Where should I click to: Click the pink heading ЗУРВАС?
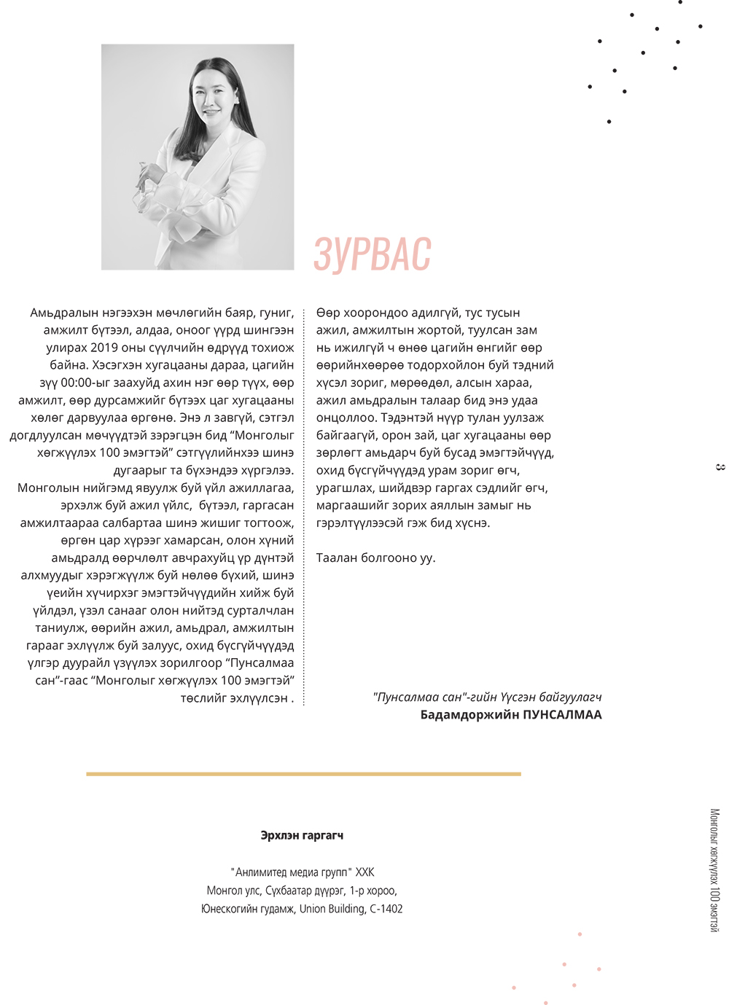(x=373, y=254)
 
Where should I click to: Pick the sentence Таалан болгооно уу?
(x=375, y=558)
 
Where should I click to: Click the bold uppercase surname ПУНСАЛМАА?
(x=562, y=715)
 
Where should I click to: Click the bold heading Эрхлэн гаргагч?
(x=302, y=835)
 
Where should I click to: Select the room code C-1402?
(x=386, y=909)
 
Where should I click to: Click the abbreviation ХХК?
(x=364, y=872)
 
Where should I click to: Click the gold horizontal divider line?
(x=303, y=774)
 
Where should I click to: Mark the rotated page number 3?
(x=720, y=467)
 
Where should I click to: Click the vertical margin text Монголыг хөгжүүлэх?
(x=714, y=845)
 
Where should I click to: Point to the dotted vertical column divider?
(x=304, y=503)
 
